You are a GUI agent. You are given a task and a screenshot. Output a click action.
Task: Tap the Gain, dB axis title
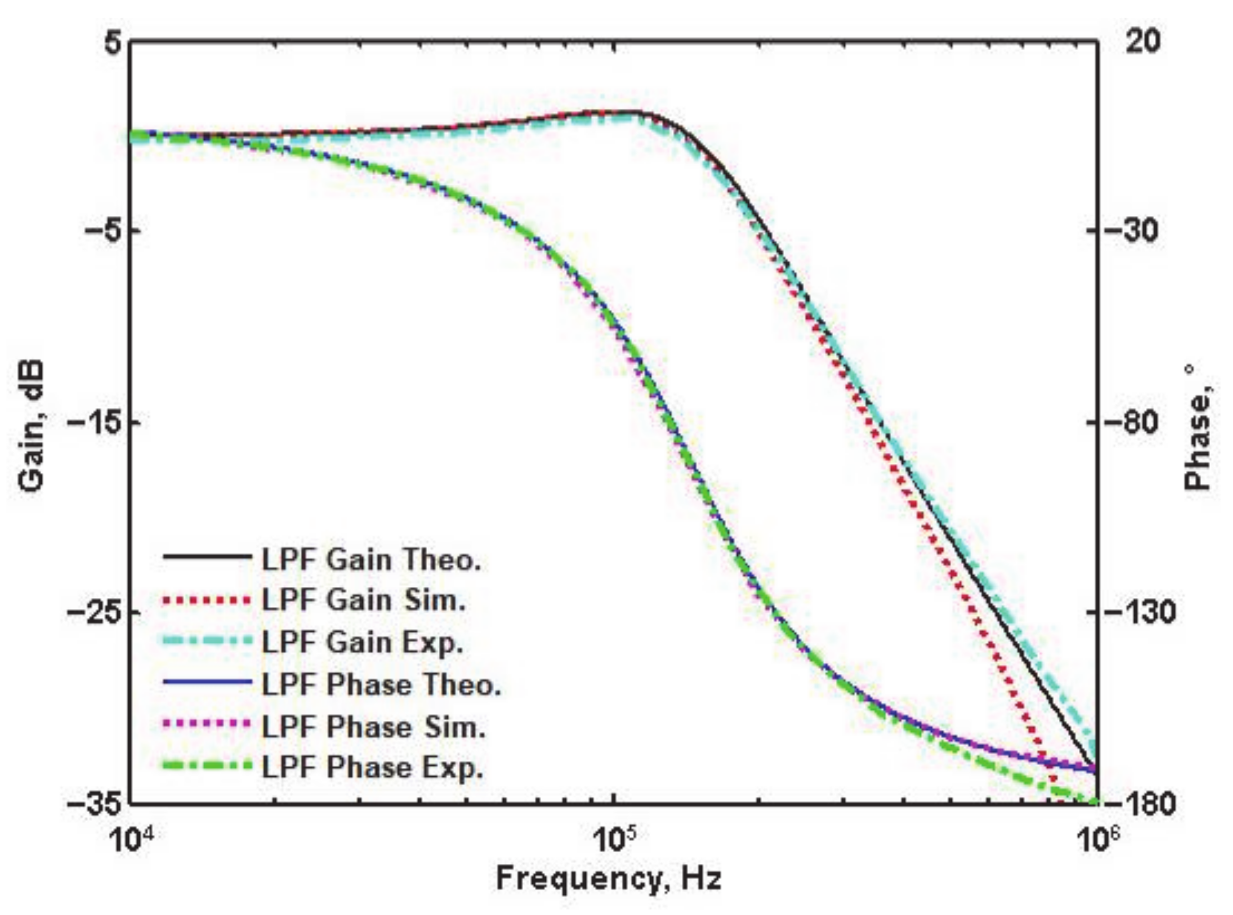tap(31, 425)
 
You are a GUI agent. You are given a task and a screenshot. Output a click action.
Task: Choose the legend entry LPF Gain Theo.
tap(371, 559)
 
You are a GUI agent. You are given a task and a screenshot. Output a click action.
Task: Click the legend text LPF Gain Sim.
tap(364, 600)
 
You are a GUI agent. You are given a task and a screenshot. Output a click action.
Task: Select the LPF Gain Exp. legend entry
tap(362, 642)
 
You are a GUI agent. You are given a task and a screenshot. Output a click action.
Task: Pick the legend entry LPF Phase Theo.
tap(381, 685)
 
